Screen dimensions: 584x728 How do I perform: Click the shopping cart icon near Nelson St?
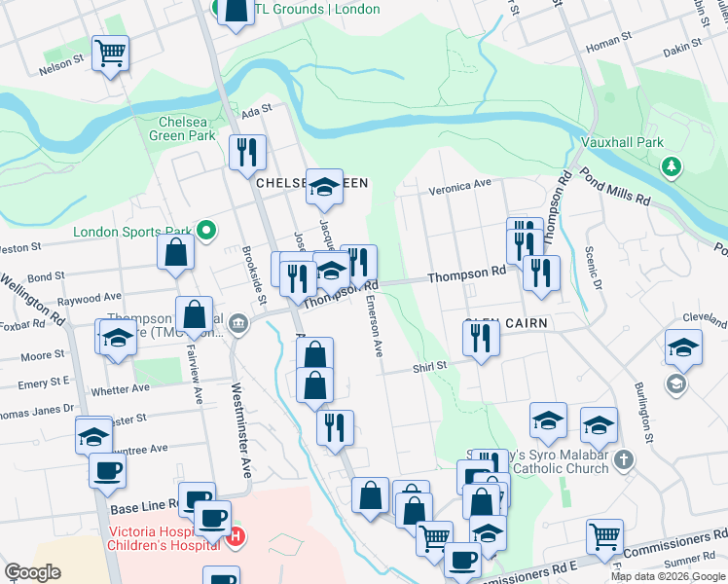pyautogui.click(x=110, y=53)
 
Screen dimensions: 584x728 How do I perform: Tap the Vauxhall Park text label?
pyautogui.click(x=622, y=142)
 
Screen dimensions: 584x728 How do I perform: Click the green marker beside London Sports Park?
pyautogui.click(x=205, y=232)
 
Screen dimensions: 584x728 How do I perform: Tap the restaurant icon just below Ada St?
pyautogui.click(x=246, y=151)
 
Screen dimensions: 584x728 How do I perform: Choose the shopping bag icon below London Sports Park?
pyautogui.click(x=174, y=252)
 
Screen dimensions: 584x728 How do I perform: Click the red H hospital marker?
pyautogui.click(x=234, y=535)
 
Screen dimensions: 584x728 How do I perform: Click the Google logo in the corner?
pyautogui.click(x=33, y=571)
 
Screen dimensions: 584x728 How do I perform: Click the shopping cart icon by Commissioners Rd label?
pyautogui.click(x=604, y=534)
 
